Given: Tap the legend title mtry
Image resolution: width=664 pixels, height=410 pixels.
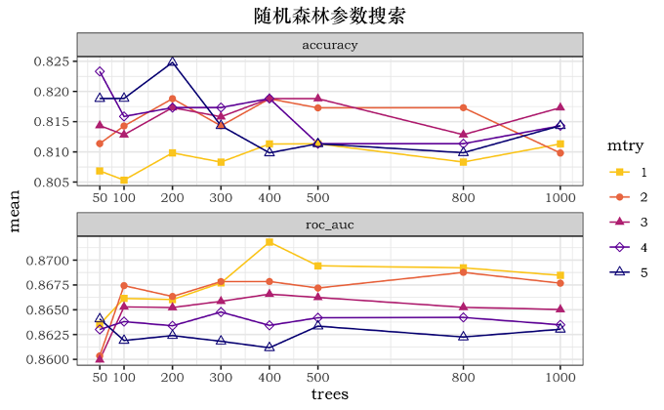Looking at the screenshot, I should pyautogui.click(x=625, y=145).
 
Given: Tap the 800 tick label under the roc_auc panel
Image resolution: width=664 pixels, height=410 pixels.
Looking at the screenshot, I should pyautogui.click(x=463, y=376).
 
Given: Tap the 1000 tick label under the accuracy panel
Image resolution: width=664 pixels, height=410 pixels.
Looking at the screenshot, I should pyautogui.click(x=560, y=197).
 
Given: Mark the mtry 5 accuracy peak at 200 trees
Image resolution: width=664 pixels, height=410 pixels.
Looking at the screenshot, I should pyautogui.click(x=172, y=61).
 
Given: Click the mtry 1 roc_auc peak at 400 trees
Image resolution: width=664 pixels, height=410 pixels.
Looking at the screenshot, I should pyautogui.click(x=270, y=241).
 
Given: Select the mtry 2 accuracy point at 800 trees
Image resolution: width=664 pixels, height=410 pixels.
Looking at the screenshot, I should pyautogui.click(x=463, y=107).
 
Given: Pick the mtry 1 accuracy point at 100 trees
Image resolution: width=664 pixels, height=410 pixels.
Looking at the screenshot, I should pyautogui.click(x=124, y=180).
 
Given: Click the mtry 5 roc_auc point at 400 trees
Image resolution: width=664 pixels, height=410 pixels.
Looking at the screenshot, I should pyautogui.click(x=270, y=347).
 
